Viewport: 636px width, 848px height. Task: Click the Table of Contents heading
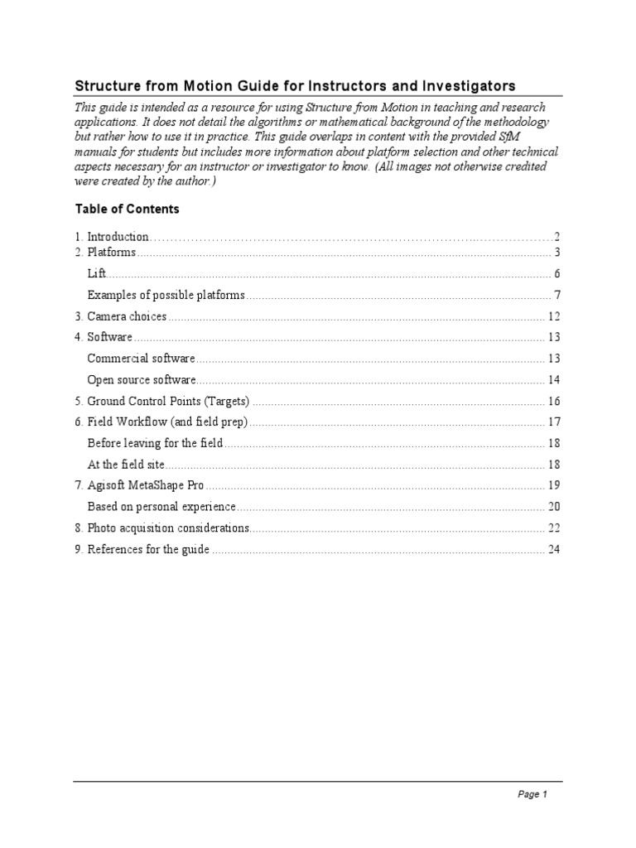[x=127, y=209]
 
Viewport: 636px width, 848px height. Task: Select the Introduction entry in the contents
[x=118, y=237]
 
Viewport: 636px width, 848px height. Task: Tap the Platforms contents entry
[x=111, y=253]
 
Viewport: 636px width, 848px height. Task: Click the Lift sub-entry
[x=97, y=274]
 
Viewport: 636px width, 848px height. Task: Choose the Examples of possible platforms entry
[x=166, y=295]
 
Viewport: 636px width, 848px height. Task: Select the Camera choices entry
[x=127, y=316]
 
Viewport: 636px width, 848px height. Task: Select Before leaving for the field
[x=155, y=443]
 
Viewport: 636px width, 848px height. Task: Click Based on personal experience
[x=161, y=507]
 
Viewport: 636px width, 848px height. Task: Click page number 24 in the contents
[x=554, y=549]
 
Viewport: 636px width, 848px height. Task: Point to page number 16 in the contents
[x=554, y=401]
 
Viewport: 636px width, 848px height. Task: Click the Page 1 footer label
[x=532, y=794]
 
